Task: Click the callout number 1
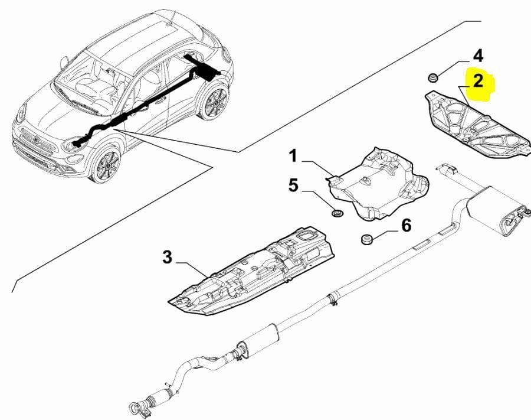pyautogui.click(x=293, y=157)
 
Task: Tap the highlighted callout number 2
pyautogui.click(x=478, y=82)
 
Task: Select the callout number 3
pyautogui.click(x=167, y=258)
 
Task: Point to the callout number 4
pyautogui.click(x=478, y=56)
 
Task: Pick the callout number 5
pyautogui.click(x=293, y=185)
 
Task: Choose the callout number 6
pyautogui.click(x=406, y=226)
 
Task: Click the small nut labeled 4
pyautogui.click(x=432, y=77)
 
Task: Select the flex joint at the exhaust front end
pyautogui.click(x=159, y=398)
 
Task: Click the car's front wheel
pyautogui.click(x=107, y=164)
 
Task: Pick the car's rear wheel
pyautogui.click(x=214, y=102)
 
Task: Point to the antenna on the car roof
pyautogui.click(x=171, y=18)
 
